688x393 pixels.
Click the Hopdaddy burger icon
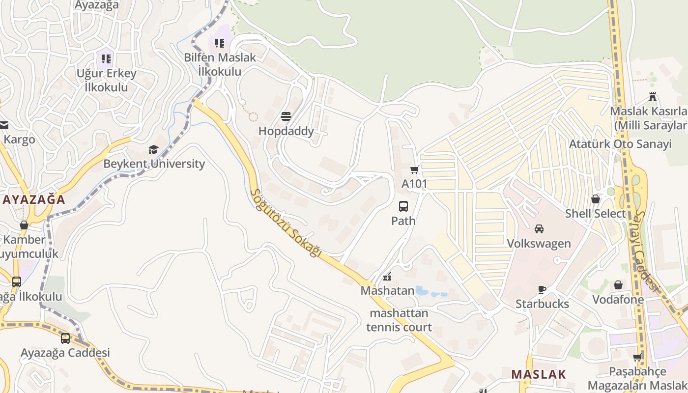click(286, 116)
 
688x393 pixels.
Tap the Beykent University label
click(154, 164)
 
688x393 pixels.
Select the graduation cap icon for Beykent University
click(154, 149)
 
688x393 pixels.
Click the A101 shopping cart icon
click(414, 170)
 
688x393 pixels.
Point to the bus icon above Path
click(403, 206)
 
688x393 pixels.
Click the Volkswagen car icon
click(539, 229)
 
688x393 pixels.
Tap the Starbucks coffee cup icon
click(542, 289)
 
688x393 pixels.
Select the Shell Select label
click(596, 214)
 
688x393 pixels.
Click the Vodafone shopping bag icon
click(618, 285)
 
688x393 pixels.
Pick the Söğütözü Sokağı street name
click(286, 224)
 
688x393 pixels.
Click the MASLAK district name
click(539, 374)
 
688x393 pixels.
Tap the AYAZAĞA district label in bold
click(33, 199)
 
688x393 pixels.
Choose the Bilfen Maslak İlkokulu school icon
click(220, 43)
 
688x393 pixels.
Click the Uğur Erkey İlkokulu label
click(106, 80)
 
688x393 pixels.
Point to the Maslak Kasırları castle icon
click(653, 96)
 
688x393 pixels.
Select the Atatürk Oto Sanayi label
click(620, 144)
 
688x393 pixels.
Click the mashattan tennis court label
click(399, 320)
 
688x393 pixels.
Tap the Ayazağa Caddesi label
click(65, 353)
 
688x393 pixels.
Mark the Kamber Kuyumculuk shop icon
click(24, 225)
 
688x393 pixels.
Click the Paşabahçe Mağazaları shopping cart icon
click(637, 357)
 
